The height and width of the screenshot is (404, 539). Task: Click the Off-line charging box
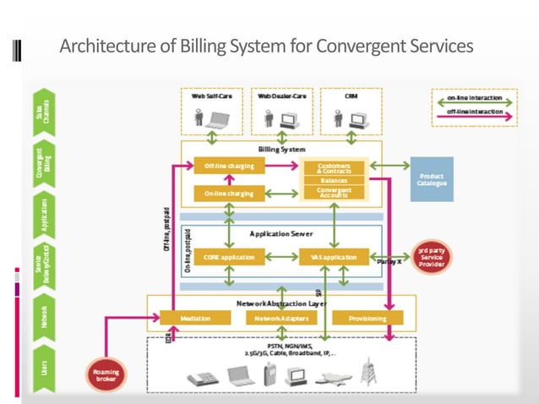(229, 167)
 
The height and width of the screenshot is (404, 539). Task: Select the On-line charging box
(229, 194)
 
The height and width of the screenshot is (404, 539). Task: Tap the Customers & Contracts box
(334, 167)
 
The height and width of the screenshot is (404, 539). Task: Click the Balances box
(334, 180)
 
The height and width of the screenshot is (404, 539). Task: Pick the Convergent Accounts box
(334, 193)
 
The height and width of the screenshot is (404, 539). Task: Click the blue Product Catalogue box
(432, 179)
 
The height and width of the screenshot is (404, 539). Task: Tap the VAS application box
(334, 256)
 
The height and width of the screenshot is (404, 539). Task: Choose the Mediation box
(195, 319)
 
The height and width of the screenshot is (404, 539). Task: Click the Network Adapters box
(281, 319)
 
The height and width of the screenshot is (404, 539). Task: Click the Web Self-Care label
(212, 97)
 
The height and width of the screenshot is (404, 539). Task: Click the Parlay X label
(388, 264)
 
